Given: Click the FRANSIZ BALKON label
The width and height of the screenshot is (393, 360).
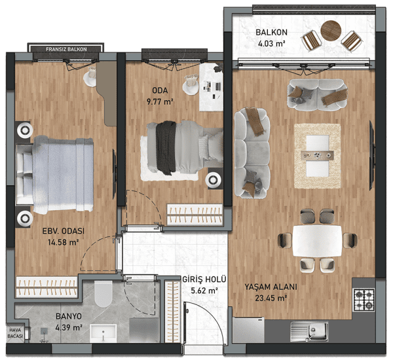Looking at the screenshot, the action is [66, 49].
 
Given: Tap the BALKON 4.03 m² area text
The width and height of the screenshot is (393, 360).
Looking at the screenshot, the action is [271, 38].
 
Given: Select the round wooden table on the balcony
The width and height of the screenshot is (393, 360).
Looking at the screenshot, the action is [331, 31].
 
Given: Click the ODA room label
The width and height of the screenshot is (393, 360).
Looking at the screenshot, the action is [160, 90].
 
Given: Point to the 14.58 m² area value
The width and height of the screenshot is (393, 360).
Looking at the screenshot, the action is [64, 242].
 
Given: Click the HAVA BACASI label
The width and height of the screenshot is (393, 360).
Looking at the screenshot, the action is [15, 333].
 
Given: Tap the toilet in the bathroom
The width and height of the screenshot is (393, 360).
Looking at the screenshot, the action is [103, 294].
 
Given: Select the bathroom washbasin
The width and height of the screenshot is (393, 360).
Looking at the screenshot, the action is [103, 333].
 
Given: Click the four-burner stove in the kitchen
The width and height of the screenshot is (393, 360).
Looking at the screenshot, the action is [364, 299].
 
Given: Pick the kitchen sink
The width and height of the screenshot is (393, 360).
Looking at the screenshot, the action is [310, 331].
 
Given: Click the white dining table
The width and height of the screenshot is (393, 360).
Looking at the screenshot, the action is [317, 241].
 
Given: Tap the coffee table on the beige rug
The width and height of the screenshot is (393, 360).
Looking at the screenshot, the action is [318, 156].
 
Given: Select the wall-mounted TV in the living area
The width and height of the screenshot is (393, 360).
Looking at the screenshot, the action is [373, 155].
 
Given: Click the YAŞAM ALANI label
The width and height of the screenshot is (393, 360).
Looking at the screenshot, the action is [271, 287].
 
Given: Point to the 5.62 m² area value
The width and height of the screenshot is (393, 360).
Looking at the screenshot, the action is [204, 291].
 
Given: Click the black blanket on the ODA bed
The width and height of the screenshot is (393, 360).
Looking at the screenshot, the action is [166, 147].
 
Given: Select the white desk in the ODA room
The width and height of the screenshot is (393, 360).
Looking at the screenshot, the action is [211, 87].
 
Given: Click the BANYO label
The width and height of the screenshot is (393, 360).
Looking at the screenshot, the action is [69, 316].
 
